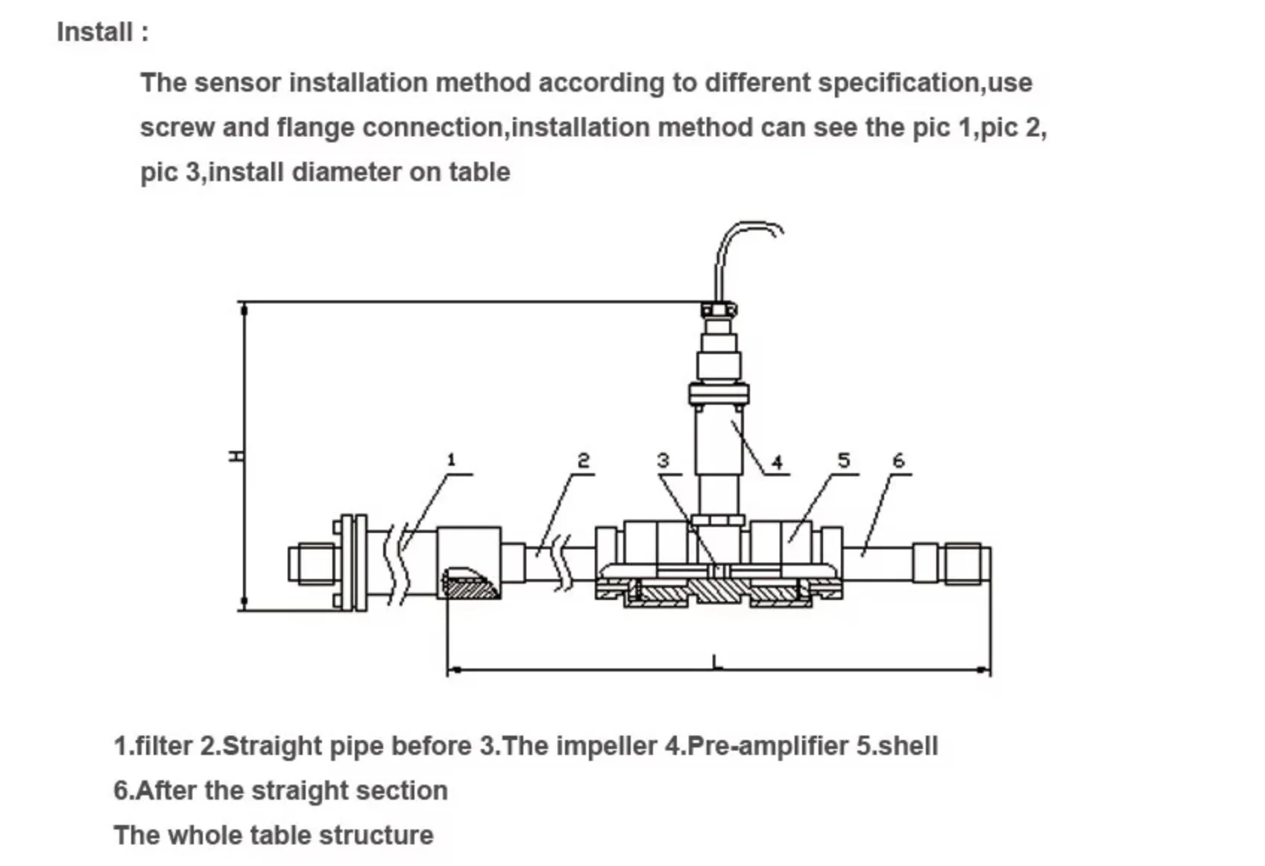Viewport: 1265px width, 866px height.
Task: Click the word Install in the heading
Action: [95, 32]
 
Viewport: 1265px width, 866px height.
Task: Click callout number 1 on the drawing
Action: [451, 460]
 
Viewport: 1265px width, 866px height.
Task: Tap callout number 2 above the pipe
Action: [583, 461]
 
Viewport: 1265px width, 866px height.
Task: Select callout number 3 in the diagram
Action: [663, 461]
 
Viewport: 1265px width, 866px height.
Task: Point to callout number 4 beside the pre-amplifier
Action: [777, 463]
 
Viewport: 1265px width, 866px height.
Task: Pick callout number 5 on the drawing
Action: [843, 460]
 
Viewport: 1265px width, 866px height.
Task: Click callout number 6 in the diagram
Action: [898, 461]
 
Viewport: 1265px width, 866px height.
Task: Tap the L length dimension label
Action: [716, 661]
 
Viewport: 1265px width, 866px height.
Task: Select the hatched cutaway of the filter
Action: [470, 584]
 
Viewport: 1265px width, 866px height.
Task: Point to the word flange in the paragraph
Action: [315, 127]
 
